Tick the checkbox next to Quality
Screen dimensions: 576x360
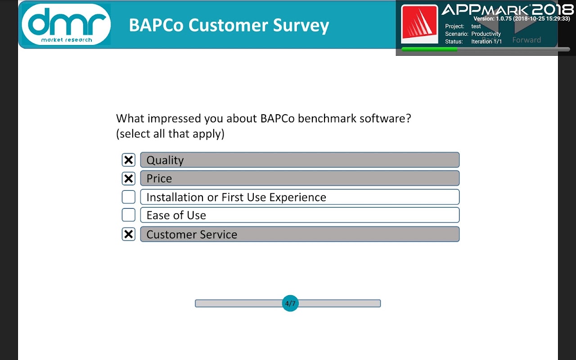point(128,160)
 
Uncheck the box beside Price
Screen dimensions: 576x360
point(128,179)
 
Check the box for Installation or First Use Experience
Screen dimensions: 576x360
point(128,197)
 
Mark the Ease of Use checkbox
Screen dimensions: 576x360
point(128,215)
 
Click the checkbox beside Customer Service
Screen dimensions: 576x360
point(128,234)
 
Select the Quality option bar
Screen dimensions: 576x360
point(300,160)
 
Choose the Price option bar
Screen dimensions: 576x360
point(300,178)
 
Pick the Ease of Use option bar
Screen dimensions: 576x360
point(300,215)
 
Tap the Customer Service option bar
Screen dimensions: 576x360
point(300,234)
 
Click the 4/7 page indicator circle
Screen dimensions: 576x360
point(290,303)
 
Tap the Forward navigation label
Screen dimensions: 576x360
point(526,40)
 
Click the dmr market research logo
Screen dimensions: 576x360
point(66,24)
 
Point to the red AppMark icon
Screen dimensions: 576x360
point(419,24)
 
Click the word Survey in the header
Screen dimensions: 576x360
point(301,25)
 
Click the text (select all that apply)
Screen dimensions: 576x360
point(170,134)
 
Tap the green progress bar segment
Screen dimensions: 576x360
point(429,49)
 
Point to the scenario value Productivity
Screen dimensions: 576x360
point(486,34)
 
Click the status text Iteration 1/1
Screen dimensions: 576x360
point(486,41)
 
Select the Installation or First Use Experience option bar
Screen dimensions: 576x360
point(300,197)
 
